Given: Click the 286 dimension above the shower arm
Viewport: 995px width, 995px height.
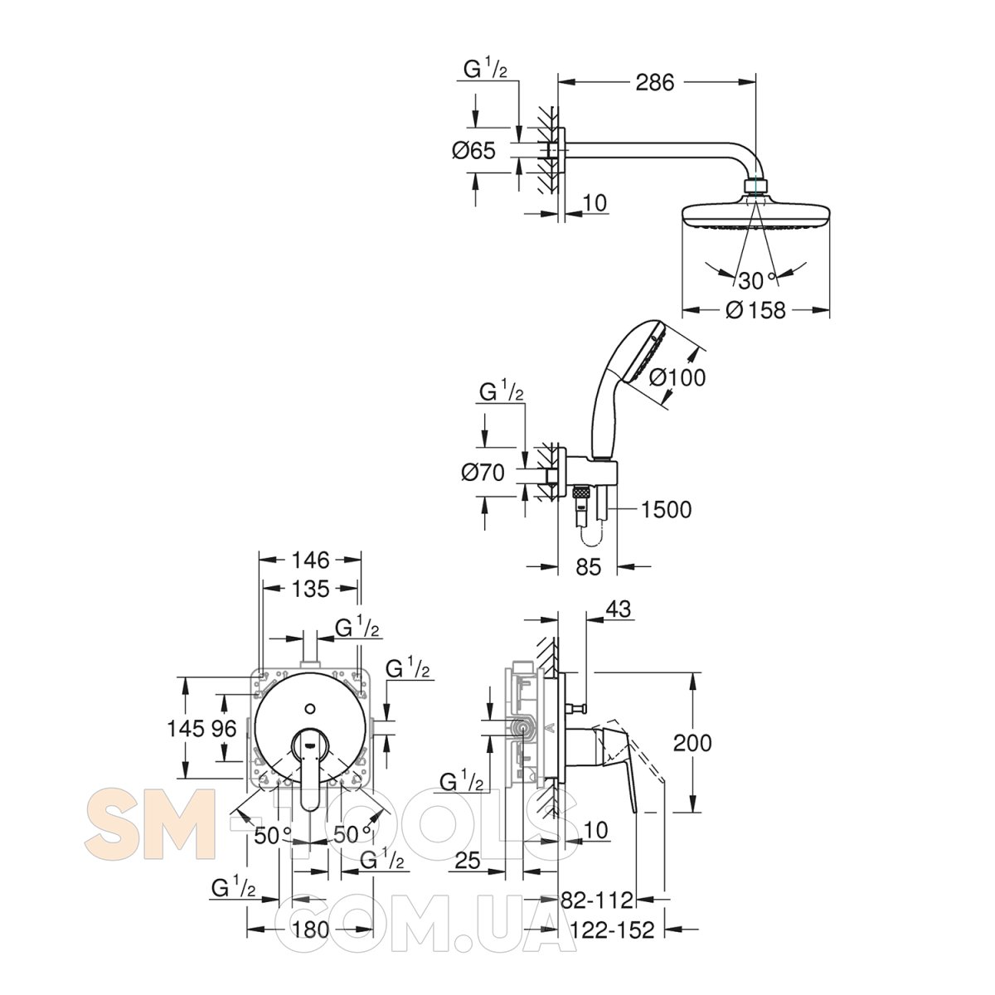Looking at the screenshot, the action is [x=655, y=83].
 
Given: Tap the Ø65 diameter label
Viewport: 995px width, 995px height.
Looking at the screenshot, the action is [x=473, y=151].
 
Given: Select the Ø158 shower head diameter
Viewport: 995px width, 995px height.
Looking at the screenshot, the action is [x=755, y=310].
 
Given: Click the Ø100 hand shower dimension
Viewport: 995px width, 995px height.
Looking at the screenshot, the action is [x=677, y=377].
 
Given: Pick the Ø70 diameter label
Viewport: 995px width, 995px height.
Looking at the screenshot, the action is [x=483, y=473].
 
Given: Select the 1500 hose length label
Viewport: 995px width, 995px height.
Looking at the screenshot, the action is [x=666, y=510].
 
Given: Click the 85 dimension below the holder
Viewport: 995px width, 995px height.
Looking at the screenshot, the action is [x=588, y=566].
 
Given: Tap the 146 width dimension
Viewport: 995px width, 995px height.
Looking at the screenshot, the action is [x=310, y=560].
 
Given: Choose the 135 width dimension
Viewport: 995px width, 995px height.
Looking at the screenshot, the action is [x=310, y=589].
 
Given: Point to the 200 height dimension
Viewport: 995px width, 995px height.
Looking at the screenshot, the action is [x=692, y=743].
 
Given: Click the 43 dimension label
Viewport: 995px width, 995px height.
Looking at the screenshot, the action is [x=619, y=609].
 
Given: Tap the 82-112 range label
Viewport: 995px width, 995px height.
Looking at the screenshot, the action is [x=597, y=900].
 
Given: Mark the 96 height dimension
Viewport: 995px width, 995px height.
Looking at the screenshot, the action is [x=224, y=729].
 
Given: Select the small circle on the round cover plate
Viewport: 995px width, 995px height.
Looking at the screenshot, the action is [x=310, y=707].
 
